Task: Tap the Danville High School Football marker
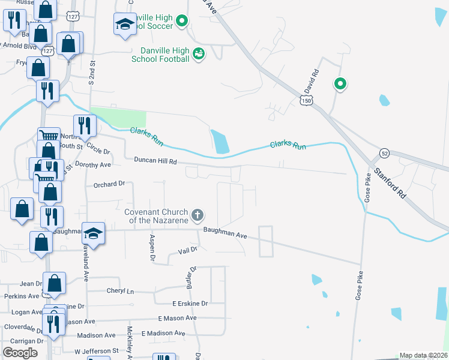pyautogui.click(x=199, y=55)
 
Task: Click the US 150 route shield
pyautogui.click(x=307, y=102)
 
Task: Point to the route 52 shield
pyautogui.click(x=385, y=154)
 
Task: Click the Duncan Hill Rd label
pyautogui.click(x=155, y=161)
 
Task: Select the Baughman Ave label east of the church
pyautogui.click(x=225, y=233)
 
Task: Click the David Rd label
pyautogui.click(x=310, y=82)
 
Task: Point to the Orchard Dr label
pyautogui.click(x=109, y=184)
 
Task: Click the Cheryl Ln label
pyautogui.click(x=120, y=291)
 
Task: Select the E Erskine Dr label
pyautogui.click(x=190, y=304)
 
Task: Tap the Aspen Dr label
pyautogui.click(x=152, y=248)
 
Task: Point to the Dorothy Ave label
pyautogui.click(x=94, y=164)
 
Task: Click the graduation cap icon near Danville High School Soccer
pyautogui.click(x=125, y=24)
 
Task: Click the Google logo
pyautogui.click(x=20, y=352)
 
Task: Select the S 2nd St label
pyautogui.click(x=92, y=72)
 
